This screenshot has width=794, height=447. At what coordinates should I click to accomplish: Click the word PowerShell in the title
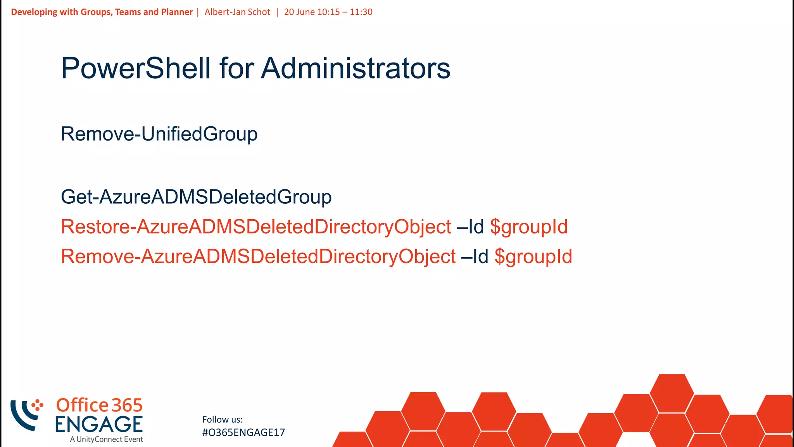pyautogui.click(x=136, y=68)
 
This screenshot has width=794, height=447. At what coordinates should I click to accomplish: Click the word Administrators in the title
pyautogui.click(x=356, y=68)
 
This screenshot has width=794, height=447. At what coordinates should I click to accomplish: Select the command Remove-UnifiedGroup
pyautogui.click(x=159, y=134)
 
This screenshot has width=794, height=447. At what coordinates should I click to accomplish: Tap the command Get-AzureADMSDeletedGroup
pyautogui.click(x=196, y=197)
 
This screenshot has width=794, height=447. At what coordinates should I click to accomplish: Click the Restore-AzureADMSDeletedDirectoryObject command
pyautogui.click(x=256, y=227)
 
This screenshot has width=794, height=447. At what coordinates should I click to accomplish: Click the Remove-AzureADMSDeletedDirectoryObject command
pyautogui.click(x=258, y=256)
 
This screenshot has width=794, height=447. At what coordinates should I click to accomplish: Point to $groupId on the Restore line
pyautogui.click(x=529, y=227)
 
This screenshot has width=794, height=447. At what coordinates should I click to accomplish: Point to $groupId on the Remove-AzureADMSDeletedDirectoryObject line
pyautogui.click(x=533, y=257)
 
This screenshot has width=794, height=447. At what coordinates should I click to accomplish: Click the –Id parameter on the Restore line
pyautogui.click(x=470, y=227)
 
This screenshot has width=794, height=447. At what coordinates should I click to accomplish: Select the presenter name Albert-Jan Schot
pyautogui.click(x=237, y=12)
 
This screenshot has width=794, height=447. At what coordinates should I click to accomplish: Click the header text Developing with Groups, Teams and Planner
pyautogui.click(x=102, y=12)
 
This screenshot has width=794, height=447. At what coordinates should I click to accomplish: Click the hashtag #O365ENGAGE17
pyautogui.click(x=243, y=433)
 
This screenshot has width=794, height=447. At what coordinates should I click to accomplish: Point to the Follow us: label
pyautogui.click(x=223, y=419)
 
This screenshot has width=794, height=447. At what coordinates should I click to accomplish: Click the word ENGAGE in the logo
pyautogui.click(x=99, y=424)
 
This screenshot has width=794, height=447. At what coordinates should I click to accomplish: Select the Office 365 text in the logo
pyautogui.click(x=100, y=405)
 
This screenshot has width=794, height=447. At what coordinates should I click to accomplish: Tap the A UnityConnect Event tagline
pyautogui.click(x=107, y=439)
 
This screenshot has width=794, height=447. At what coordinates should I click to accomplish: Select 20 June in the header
pyautogui.click(x=299, y=12)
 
